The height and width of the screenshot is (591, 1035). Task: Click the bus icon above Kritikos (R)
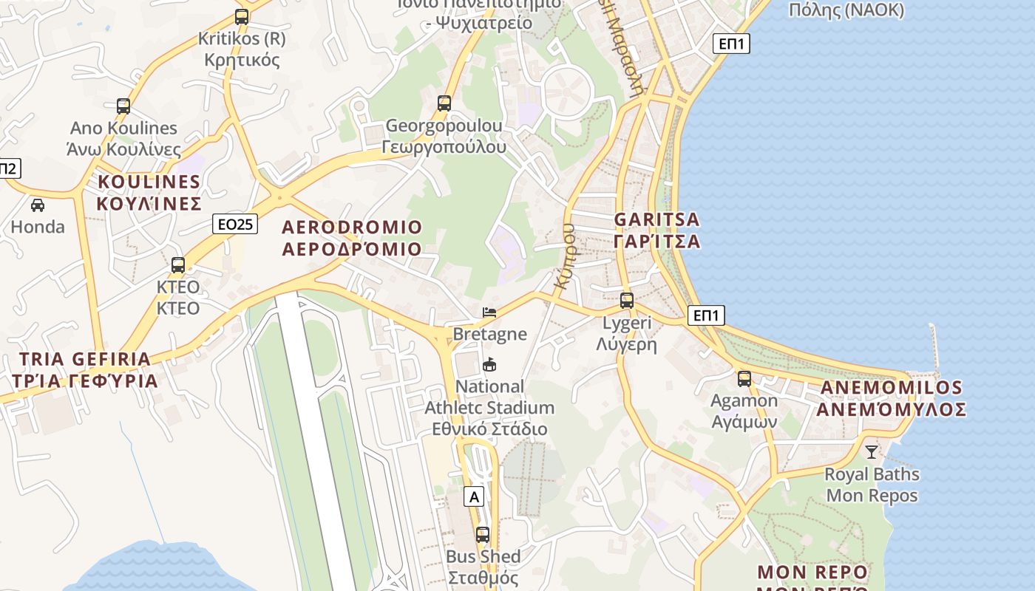coord(242,17)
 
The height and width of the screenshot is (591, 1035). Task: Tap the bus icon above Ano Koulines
coord(123,106)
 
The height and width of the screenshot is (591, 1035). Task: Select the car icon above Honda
coord(38,205)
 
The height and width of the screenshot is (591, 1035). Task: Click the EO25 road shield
coord(235,224)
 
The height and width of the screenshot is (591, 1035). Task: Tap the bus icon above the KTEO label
coord(178,265)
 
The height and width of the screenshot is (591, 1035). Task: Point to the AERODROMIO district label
coord(352,238)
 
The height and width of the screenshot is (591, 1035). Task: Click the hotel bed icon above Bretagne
coord(489,312)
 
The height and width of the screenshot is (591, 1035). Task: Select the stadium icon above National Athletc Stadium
coord(489,364)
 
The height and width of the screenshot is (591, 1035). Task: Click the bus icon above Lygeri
coord(627,301)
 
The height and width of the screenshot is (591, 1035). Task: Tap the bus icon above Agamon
coord(744,379)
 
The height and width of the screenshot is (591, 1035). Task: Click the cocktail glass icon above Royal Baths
coord(872,451)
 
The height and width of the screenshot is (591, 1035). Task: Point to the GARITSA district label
coord(656,230)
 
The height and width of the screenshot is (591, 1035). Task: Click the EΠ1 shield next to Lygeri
coord(706,316)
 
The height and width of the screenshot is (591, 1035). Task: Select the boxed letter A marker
coord(474,497)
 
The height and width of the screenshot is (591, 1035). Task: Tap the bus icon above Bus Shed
coord(483,535)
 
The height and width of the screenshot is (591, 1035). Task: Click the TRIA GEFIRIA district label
coord(85,370)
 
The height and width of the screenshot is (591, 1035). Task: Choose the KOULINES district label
coord(149,193)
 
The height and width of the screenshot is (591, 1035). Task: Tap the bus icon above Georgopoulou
coord(444,103)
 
